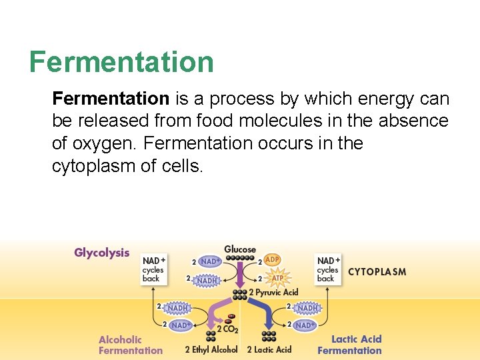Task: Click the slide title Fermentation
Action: (121, 62)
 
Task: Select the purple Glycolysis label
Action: (102, 253)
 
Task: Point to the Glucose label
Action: (240, 249)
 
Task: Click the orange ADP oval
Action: (272, 259)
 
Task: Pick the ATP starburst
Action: (277, 278)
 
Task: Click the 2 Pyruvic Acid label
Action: (274, 293)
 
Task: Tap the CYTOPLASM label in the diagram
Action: (377, 272)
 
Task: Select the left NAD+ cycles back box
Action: (153, 269)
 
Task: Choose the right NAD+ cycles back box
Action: (328, 269)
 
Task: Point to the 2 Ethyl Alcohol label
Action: (211, 349)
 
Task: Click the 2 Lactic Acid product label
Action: (269, 349)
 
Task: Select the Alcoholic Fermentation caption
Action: (131, 345)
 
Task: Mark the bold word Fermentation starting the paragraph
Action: (111, 99)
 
